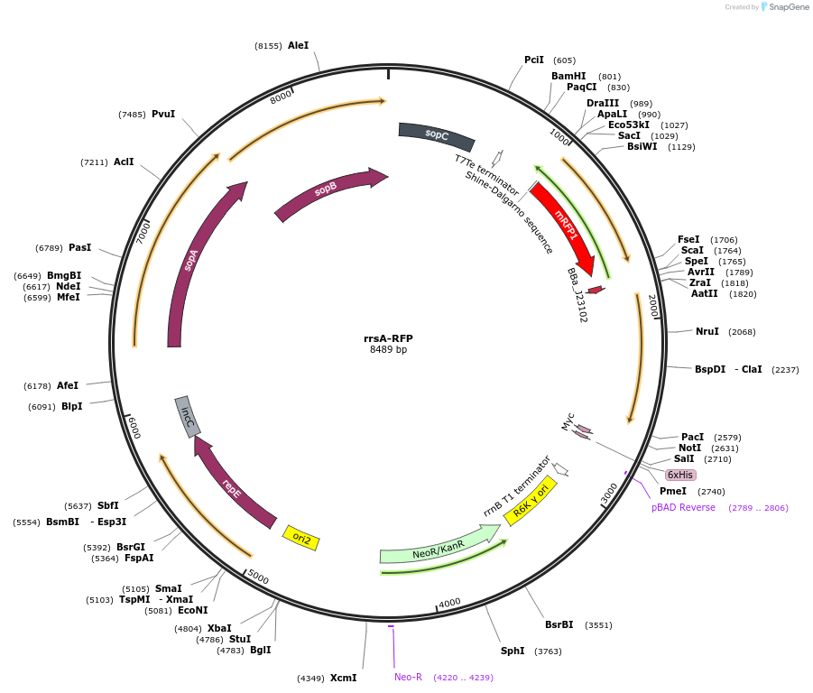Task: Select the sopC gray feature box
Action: point(437,135)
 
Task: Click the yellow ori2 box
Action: point(301,538)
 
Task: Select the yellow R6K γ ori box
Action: point(531,501)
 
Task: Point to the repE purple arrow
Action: point(232,488)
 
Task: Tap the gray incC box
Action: point(188,417)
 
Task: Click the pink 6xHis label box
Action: point(680,475)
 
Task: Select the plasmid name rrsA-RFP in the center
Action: point(388,338)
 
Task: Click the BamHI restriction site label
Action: point(568,76)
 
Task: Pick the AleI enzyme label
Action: point(298,45)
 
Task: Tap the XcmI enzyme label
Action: point(343,678)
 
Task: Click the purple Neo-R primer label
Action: point(408,677)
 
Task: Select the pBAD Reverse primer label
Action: point(683,507)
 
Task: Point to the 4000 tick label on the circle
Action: point(449,603)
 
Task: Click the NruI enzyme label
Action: point(707,331)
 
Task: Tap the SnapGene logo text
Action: point(788,7)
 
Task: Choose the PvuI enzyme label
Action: point(163,114)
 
